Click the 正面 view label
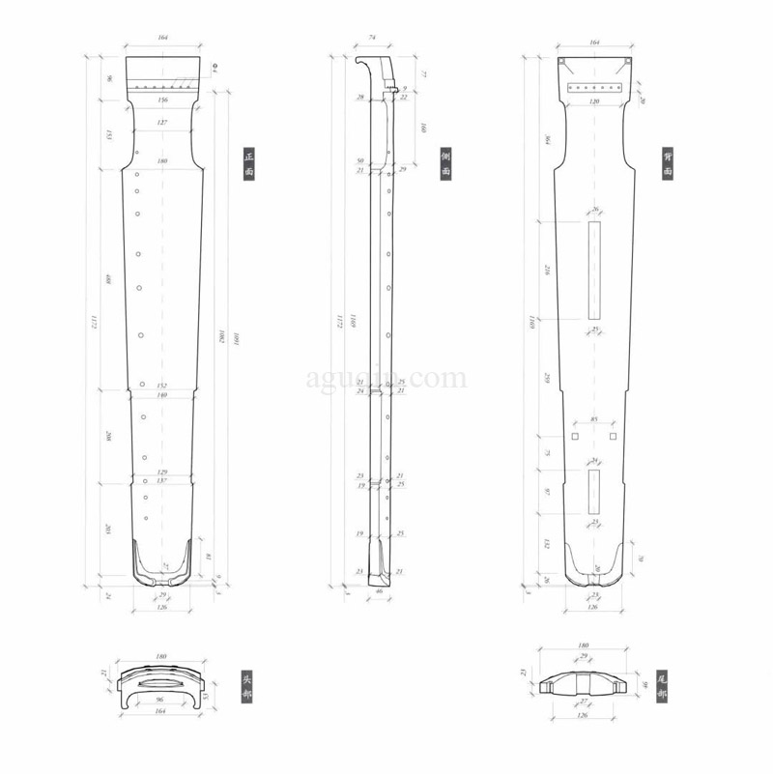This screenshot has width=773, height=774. (248, 163)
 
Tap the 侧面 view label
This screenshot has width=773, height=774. (446, 163)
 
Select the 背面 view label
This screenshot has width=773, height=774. (668, 163)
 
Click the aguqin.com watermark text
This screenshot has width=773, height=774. (386, 379)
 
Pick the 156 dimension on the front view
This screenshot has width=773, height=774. (162, 100)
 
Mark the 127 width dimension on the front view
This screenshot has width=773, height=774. (162, 123)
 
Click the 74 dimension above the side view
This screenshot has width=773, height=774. (372, 39)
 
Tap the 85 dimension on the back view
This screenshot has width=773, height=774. (593, 419)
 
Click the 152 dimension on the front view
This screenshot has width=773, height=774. (162, 386)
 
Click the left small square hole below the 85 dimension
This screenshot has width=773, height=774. (574, 437)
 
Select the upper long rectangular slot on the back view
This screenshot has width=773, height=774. (594, 269)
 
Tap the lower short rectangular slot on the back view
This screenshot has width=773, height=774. (594, 492)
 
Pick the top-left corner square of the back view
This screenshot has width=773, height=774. (560, 62)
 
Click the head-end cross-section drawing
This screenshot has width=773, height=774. (161, 685)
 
